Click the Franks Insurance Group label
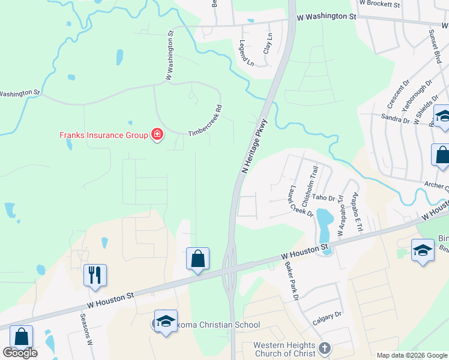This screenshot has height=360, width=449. coord(103,135)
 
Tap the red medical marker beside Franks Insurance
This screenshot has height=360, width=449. coord(157,134)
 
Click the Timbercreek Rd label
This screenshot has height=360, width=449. coord(206,122)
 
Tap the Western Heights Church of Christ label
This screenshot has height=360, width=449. coord(284,349)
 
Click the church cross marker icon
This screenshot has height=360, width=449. coord(325,349)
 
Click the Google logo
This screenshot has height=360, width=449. coord(20,353)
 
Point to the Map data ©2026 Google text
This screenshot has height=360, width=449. coord(411,355)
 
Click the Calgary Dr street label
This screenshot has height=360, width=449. coord(327,318)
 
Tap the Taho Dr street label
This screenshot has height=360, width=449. coord(323,197)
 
